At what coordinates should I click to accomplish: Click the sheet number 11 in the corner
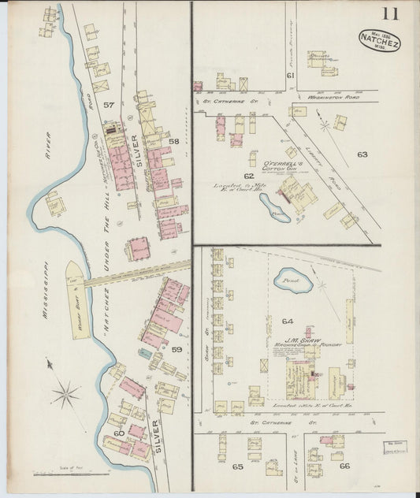tap(390, 13)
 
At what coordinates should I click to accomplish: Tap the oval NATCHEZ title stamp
tap(379, 40)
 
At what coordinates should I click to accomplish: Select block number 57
tap(108, 104)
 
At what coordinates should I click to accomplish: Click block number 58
tap(173, 141)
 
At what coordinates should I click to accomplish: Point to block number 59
tap(177, 349)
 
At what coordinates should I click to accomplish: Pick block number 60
tap(119, 433)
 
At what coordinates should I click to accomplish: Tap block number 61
tap(290, 75)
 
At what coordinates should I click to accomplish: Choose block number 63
tap(362, 154)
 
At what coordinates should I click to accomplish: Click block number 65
tap(238, 466)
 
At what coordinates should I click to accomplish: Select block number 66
tap(344, 466)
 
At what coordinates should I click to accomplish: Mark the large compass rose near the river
tap(66, 392)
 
